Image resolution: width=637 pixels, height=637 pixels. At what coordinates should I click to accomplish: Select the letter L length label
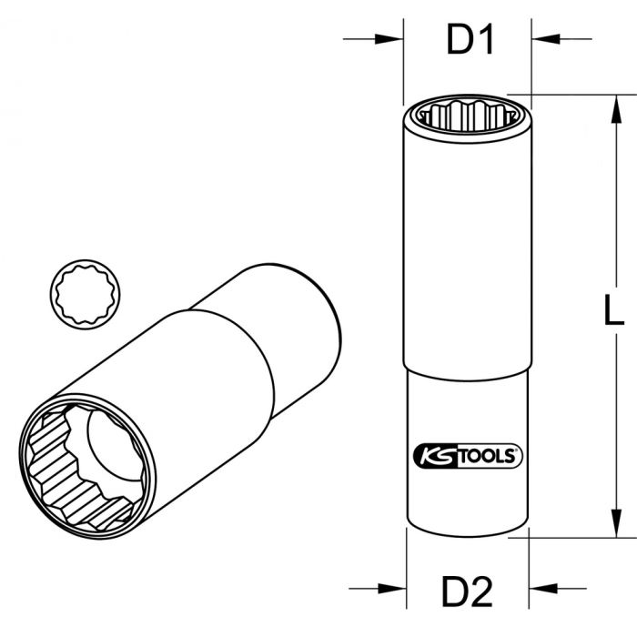pyautogui.click(x=614, y=312)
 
